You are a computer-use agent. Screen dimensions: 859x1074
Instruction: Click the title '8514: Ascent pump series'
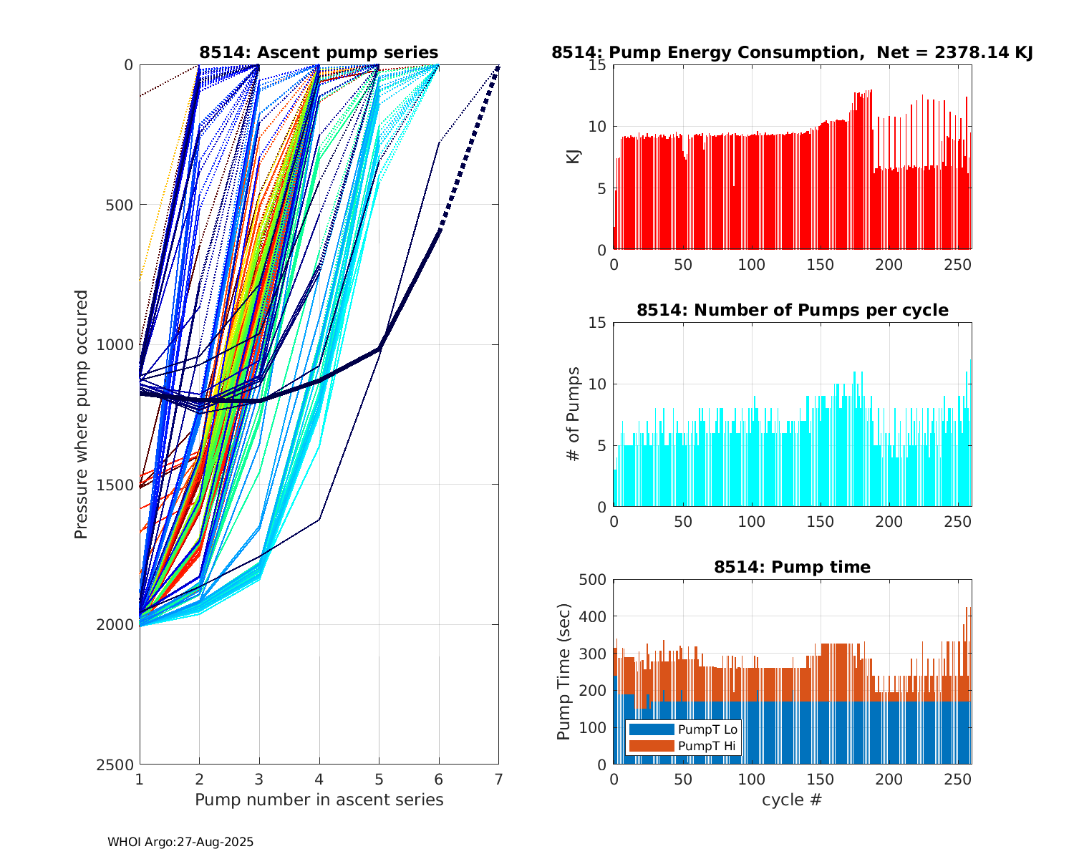pyautogui.click(x=319, y=52)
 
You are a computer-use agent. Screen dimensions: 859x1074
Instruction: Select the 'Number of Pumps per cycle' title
pyautogui.click(x=792, y=310)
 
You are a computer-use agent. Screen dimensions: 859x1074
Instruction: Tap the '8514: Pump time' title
pyautogui.click(x=792, y=567)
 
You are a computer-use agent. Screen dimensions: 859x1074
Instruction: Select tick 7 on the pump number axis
pyautogui.click(x=498, y=779)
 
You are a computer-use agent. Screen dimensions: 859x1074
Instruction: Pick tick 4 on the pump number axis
pyautogui.click(x=319, y=779)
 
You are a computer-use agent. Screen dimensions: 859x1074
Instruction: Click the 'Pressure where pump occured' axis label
pyautogui.click(x=81, y=414)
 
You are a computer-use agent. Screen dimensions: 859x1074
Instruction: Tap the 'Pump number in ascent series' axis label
pyautogui.click(x=319, y=800)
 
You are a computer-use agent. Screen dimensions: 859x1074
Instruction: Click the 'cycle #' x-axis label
pyautogui.click(x=792, y=800)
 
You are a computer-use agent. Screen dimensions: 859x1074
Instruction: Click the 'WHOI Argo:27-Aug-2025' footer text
pyautogui.click(x=180, y=843)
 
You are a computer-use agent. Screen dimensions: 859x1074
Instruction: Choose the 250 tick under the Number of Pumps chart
pyautogui.click(x=958, y=521)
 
